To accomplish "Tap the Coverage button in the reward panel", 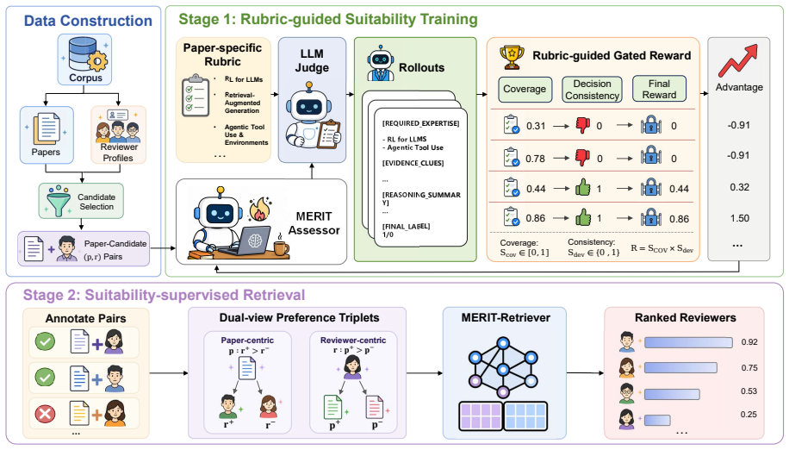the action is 525,89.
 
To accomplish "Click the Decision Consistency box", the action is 592,90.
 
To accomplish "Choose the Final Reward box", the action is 659,89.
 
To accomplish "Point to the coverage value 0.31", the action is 536,126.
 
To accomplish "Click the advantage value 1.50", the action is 739,218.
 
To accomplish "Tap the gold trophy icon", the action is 512,56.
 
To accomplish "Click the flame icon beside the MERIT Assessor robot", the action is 259,209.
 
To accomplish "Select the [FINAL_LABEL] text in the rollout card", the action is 406,226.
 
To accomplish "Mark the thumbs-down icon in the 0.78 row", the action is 582,158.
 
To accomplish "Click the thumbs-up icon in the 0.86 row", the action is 582,217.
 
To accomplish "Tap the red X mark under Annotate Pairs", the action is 45,415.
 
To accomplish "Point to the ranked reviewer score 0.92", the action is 749,342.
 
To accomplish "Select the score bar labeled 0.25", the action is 657,420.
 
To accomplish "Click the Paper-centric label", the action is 247,341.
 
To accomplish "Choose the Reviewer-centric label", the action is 353,341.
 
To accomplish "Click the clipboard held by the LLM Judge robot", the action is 328,134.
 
